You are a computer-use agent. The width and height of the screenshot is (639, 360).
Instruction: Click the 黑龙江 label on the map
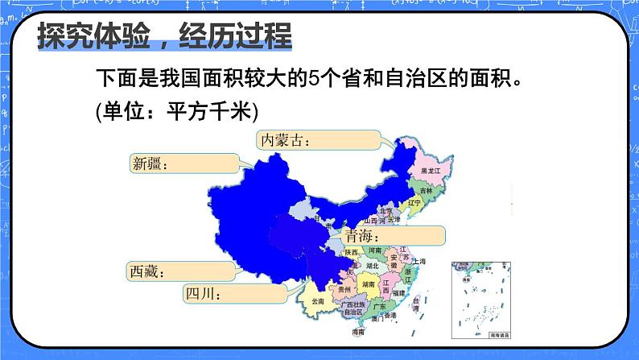click(422, 171)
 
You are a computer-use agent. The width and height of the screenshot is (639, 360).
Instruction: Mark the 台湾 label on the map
click(416, 302)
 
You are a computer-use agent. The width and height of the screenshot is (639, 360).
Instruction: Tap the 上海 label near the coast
click(418, 262)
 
